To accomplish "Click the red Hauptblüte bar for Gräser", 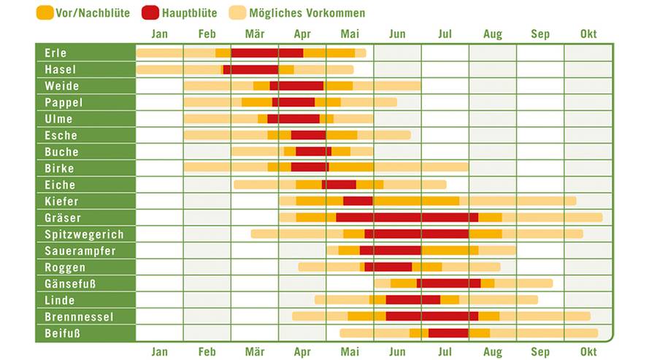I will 407,218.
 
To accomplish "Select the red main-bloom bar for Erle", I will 267,53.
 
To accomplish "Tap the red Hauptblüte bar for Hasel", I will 250,69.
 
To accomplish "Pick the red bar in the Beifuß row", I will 448,333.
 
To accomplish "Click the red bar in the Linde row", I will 413,300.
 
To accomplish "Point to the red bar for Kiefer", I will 358,201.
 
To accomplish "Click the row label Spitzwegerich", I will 84,234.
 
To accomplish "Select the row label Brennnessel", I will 79,317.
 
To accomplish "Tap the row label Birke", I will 59,169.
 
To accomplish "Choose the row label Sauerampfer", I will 80,251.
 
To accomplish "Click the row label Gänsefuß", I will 70,284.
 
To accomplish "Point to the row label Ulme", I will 58,119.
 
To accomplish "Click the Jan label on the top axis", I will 159,34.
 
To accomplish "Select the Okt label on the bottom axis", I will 588,352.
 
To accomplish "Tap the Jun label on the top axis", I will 397,34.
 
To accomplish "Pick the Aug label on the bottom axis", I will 493,352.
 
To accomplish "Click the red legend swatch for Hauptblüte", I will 150,13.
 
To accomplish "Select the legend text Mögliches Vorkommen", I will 307,13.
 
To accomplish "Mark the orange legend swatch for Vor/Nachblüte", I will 45,13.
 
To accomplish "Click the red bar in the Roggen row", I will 388,267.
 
